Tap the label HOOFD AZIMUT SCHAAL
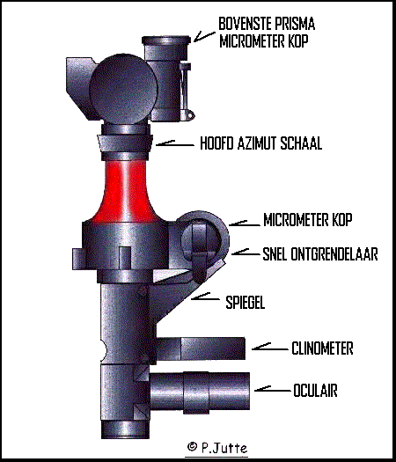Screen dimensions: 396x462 (260, 143)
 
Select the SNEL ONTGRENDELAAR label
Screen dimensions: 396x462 (320, 254)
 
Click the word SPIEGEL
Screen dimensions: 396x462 (246, 302)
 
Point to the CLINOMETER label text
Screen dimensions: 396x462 (322, 348)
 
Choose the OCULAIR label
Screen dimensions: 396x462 (315, 391)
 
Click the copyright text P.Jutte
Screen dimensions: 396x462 (217, 448)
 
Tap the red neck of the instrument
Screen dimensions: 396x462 (126, 192)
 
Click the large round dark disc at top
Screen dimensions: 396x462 (123, 88)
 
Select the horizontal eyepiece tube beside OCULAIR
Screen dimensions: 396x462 (200, 392)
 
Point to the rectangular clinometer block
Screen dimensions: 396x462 (201, 348)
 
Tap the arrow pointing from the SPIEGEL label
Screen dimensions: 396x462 (205, 297)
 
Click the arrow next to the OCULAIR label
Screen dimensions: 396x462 (273, 389)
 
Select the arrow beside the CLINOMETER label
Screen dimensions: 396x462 (270, 347)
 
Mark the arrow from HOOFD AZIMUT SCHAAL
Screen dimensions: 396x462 (174, 143)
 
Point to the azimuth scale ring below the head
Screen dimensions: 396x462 (125, 143)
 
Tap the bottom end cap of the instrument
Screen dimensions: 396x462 (126, 429)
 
